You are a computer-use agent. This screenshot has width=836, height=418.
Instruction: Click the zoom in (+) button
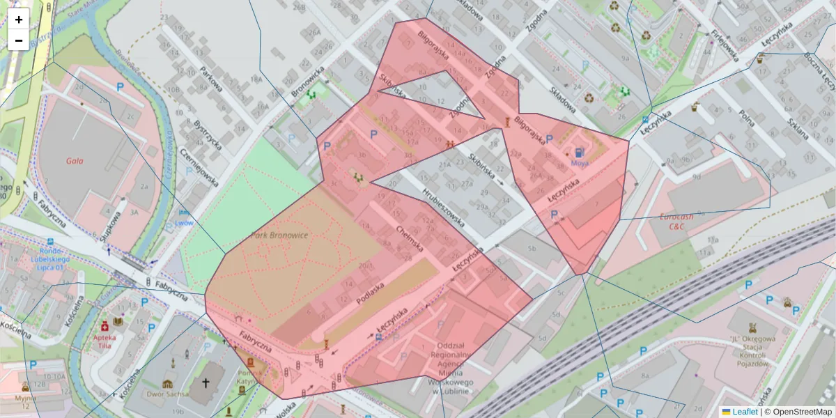pyautogui.click(x=19, y=20)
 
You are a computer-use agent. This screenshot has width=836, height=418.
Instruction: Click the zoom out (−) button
pyautogui.click(x=19, y=40)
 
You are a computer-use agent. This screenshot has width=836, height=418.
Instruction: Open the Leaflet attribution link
pyautogui.click(x=745, y=412)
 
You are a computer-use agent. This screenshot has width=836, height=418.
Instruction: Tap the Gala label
pyautogui.click(x=75, y=160)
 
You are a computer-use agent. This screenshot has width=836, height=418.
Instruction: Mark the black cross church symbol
pyautogui.click(x=206, y=382)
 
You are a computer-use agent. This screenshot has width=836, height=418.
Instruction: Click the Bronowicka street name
pyautogui.click(x=307, y=82)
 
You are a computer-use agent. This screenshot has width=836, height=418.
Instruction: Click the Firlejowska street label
pyautogui.click(x=724, y=46)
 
